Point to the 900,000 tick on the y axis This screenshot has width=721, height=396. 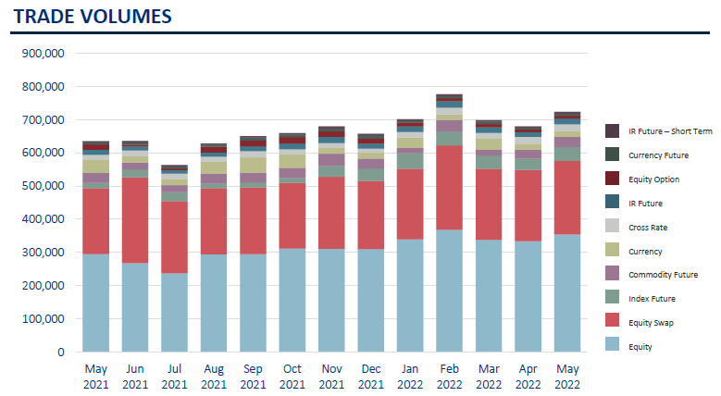click(x=46, y=54)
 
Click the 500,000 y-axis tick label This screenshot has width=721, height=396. click(x=46, y=186)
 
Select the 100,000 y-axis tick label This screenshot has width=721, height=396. click(x=46, y=318)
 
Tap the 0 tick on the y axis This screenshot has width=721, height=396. click(x=60, y=352)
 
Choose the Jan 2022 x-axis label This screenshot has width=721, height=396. click(x=410, y=377)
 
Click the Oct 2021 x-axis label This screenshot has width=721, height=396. click(x=292, y=377)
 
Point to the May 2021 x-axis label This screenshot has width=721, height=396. click(x=96, y=377)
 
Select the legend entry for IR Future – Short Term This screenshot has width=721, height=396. click(x=669, y=131)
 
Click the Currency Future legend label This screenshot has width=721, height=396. click(x=657, y=155)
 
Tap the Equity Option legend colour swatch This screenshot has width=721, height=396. click(x=612, y=179)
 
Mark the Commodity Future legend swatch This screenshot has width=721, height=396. click(x=612, y=275)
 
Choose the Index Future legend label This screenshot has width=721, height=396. click(x=652, y=299)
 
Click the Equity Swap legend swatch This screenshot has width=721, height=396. click(x=612, y=322)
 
